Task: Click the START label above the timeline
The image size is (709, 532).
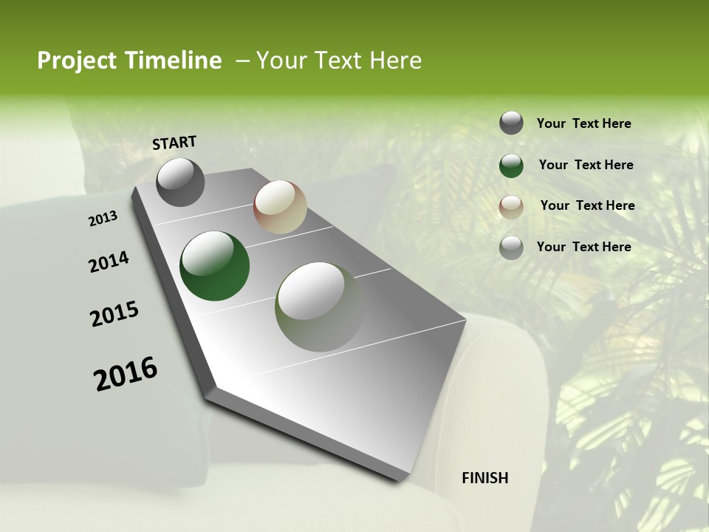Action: pyautogui.click(x=174, y=143)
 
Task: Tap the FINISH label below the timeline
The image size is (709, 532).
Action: pyautogui.click(x=484, y=478)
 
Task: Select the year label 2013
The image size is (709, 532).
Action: pyautogui.click(x=103, y=219)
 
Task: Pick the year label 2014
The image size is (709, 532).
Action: pyautogui.click(x=109, y=262)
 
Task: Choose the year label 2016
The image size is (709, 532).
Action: pyautogui.click(x=126, y=374)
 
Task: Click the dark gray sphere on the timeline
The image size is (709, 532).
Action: pyautogui.click(x=180, y=182)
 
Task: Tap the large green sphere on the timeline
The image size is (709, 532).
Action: pyautogui.click(x=214, y=266)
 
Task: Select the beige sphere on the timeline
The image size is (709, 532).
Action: pyautogui.click(x=280, y=207)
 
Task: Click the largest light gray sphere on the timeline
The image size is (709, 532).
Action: pyautogui.click(x=319, y=307)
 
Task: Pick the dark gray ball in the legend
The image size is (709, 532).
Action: pyautogui.click(x=511, y=123)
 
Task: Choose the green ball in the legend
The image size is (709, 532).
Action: pyautogui.click(x=511, y=165)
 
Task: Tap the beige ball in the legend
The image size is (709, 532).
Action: pyautogui.click(x=511, y=206)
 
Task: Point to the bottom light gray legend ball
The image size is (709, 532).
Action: pyautogui.click(x=511, y=248)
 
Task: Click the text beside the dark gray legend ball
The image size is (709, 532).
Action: pyautogui.click(x=583, y=124)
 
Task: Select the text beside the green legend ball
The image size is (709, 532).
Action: pyautogui.click(x=586, y=165)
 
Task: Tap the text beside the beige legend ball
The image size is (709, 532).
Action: pyautogui.click(x=587, y=205)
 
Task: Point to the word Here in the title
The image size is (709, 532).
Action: pyautogui.click(x=394, y=61)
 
